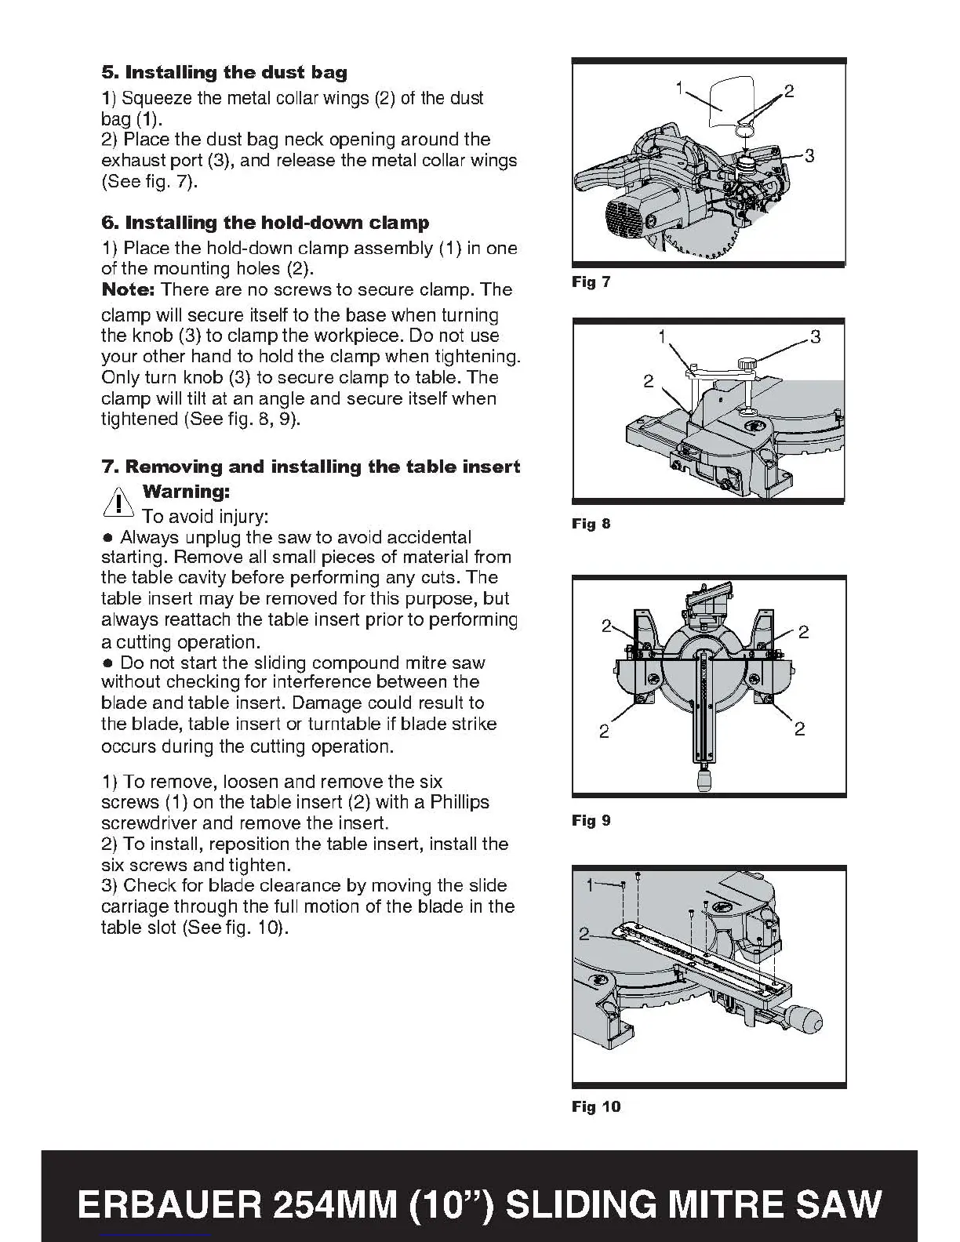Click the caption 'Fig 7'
coord(591,282)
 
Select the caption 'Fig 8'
coord(591,524)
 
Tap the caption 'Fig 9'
coord(591,821)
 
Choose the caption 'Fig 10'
coord(595,1107)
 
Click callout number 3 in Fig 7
coord(809,156)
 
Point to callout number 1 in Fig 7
coord(680,87)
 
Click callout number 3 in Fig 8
coord(816,338)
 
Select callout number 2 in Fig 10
coord(584,933)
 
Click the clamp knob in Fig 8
coord(749,364)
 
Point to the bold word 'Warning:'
coord(186,492)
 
